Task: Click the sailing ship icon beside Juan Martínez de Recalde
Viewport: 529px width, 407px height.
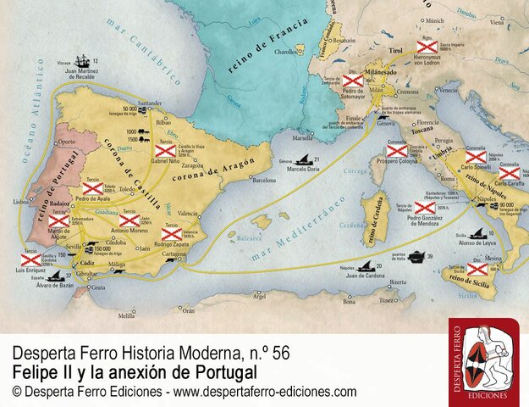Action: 81,62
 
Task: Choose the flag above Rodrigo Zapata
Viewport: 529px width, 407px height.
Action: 172,232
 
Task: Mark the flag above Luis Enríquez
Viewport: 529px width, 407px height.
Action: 30,260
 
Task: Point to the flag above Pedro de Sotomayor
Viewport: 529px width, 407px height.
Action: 353,81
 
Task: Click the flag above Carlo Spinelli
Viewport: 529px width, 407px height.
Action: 476,156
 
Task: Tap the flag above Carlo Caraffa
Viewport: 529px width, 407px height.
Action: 509,173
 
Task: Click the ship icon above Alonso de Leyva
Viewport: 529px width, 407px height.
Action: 480,232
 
